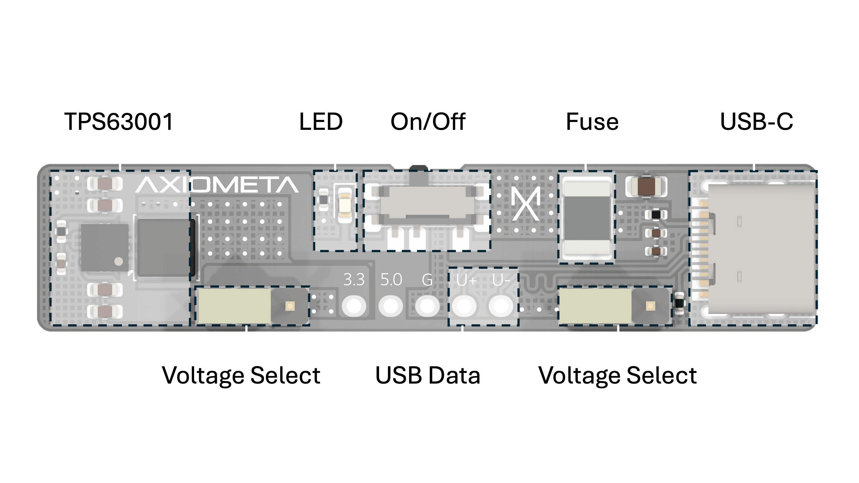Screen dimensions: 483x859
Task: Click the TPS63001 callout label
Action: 120,121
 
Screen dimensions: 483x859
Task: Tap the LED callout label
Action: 321,121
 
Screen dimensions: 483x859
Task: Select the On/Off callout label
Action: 428,121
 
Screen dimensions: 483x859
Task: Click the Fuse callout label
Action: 592,121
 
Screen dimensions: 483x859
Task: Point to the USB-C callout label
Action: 756,121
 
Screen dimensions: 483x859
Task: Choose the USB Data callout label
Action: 428,375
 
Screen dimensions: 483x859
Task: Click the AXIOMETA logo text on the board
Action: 217,185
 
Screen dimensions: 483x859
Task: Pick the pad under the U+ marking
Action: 464,305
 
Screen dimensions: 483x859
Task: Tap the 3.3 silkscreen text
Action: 354,279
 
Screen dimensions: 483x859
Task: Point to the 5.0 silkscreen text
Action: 391,279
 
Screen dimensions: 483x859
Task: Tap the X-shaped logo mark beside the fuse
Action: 525,204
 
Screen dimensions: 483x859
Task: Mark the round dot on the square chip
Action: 119,261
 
